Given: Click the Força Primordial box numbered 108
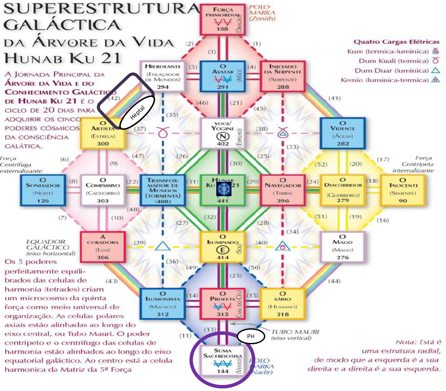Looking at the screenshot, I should tap(222, 19).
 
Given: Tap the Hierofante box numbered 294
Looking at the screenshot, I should tap(162, 76).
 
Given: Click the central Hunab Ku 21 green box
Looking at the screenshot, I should tap(222, 190).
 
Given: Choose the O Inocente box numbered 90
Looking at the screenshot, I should tap(403, 190).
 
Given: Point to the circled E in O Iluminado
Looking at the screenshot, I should tap(222, 250).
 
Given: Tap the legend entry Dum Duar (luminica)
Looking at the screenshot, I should tap(381, 71).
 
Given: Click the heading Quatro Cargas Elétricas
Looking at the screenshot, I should tap(396, 42).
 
